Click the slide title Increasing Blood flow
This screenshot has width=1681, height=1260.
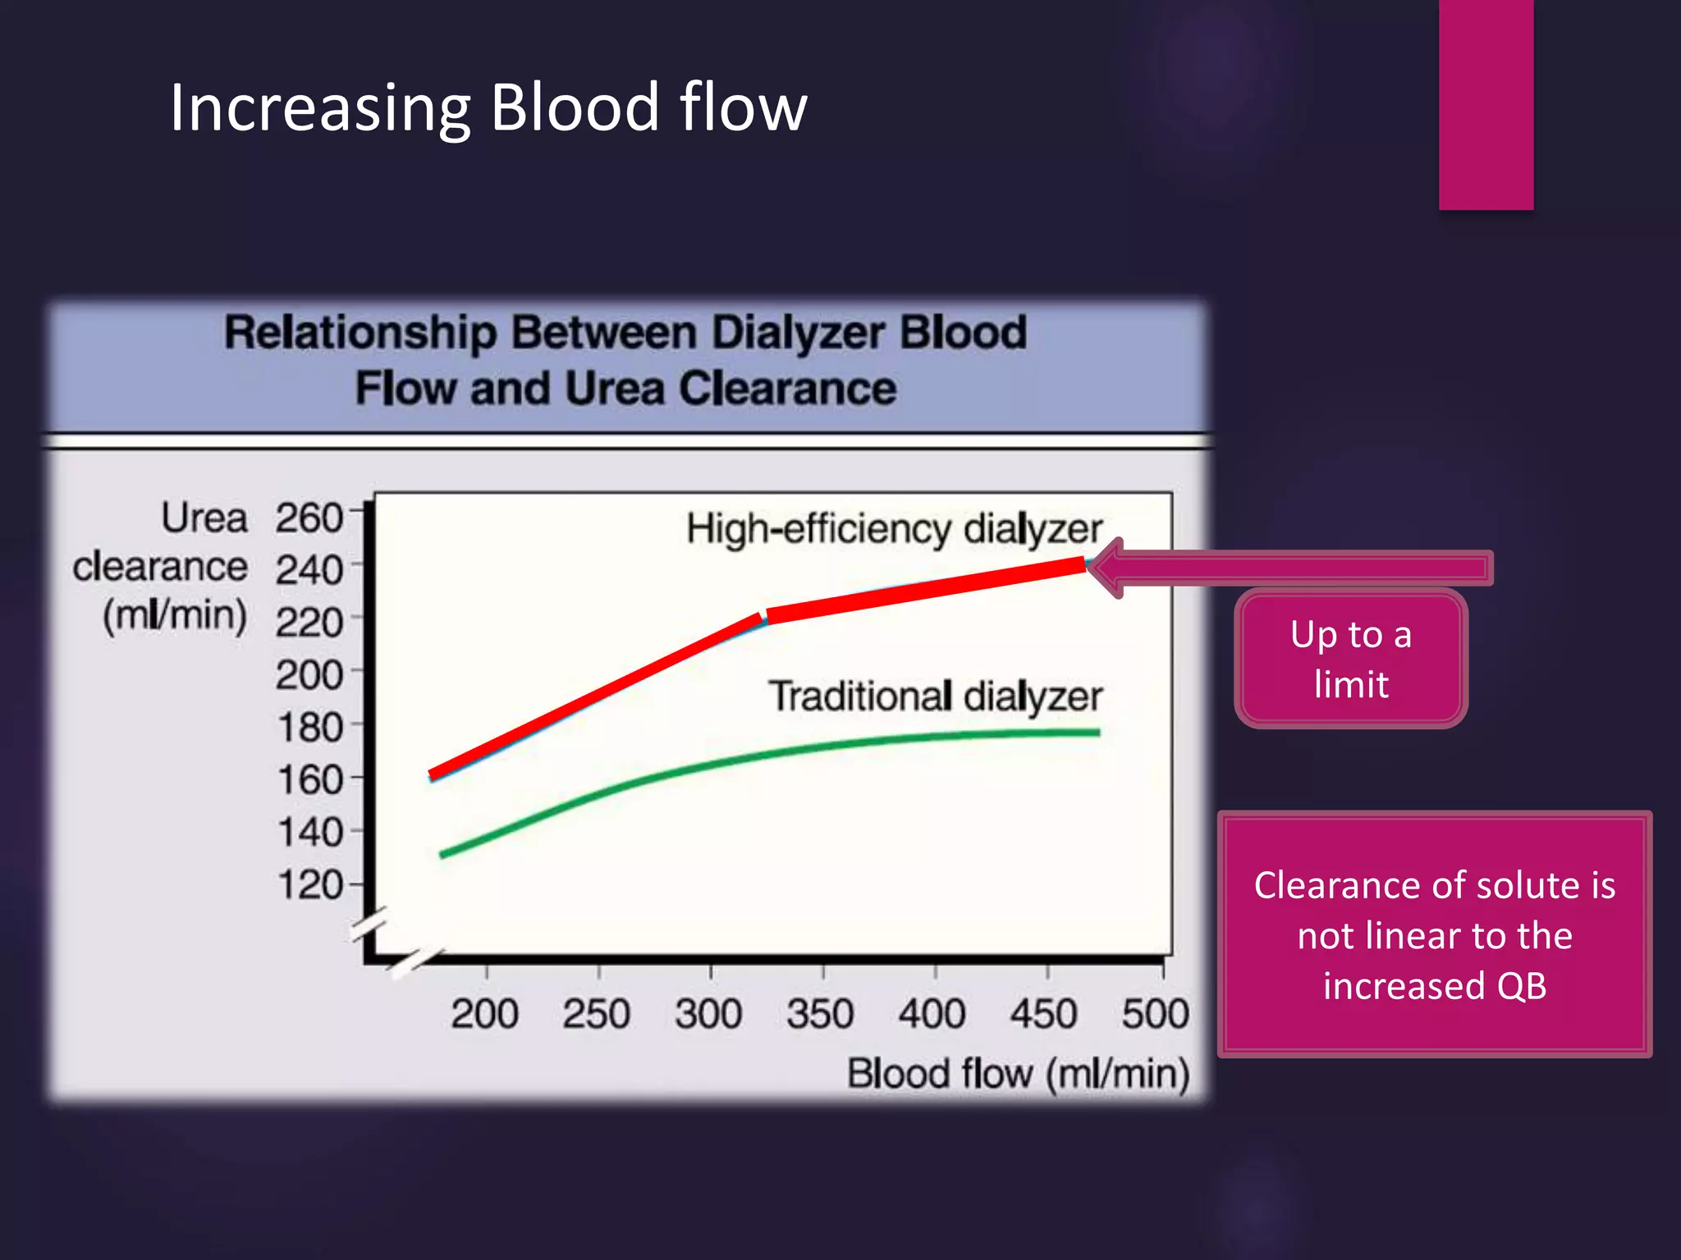[x=488, y=108]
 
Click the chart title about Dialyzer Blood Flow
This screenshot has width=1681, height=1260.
[x=625, y=360]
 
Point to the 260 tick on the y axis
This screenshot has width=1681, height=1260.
[x=309, y=518]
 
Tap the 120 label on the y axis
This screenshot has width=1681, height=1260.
[x=309, y=885]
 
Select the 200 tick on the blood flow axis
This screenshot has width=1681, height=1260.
[x=484, y=1013]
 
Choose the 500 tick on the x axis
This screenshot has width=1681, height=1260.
[x=1155, y=1013]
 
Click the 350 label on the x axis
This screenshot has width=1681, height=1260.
[x=820, y=1013]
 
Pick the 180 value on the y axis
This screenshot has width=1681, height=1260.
[x=309, y=728]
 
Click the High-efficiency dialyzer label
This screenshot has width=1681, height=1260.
[x=894, y=529]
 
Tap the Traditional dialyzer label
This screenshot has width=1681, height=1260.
[x=935, y=696]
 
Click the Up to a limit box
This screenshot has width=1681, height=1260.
[x=1351, y=659]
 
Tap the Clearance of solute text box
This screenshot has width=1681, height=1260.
[x=1435, y=935]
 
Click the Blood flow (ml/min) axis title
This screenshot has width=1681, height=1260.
[x=1018, y=1073]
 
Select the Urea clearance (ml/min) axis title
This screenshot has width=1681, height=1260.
[x=161, y=567]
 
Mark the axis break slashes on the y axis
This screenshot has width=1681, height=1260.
[x=369, y=925]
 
